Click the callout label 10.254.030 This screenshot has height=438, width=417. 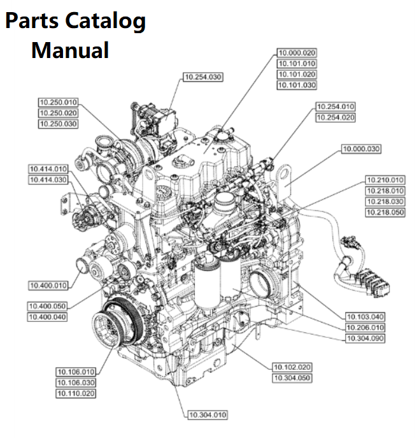tap(202, 77)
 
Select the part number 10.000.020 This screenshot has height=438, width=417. tap(296, 53)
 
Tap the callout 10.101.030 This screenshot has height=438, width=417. tap(296, 85)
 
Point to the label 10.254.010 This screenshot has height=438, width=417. tap(336, 106)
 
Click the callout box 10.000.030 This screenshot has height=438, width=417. tap(361, 149)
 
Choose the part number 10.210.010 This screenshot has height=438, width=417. tap(385, 180)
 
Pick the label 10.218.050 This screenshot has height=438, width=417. tap(385, 212)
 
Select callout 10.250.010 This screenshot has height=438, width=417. tap(58, 102)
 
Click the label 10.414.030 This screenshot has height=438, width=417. tap(48, 180)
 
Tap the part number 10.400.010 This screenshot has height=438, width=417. tap(48, 285)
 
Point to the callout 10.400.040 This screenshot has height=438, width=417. tap(48, 317)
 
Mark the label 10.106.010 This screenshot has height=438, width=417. tap(76, 372)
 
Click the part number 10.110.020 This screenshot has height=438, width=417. tap(76, 393)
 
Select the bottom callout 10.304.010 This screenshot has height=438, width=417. tap(208, 415)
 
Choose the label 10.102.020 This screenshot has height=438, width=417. tap(292, 367)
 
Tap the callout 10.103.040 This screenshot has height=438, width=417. tap(365, 317)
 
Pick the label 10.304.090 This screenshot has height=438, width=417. tap(365, 338)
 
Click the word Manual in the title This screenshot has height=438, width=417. tap(70, 50)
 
